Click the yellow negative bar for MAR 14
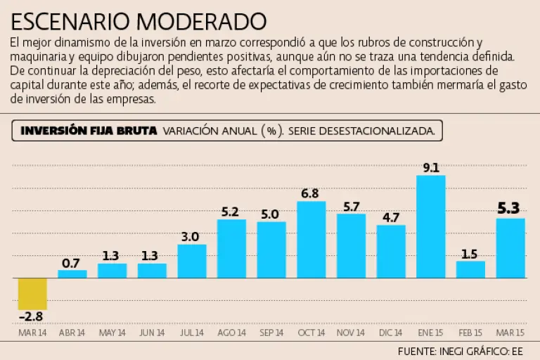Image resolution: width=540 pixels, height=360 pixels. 32,293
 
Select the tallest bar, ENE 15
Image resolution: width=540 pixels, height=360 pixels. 431,226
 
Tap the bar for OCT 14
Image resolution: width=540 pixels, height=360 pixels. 311,239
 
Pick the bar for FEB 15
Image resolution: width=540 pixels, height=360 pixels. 470,269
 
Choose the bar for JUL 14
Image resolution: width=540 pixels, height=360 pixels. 192,261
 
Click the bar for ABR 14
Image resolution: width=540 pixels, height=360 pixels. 72,274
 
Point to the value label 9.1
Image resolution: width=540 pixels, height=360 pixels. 431,167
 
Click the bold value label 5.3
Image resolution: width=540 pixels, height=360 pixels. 508,208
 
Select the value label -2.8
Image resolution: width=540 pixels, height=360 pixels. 32,317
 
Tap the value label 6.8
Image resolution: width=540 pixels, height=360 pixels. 311,193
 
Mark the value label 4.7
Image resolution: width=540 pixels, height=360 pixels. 391,217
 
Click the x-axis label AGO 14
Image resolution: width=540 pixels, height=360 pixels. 231,333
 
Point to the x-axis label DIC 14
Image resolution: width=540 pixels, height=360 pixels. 391,333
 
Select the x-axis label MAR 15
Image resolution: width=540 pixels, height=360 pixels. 510,333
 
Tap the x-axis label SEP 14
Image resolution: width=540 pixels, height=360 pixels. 271,333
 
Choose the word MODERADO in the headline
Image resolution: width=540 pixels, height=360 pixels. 203,20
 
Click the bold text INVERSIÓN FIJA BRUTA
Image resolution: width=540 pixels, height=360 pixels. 89,131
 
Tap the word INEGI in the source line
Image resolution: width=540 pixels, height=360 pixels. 458,350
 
